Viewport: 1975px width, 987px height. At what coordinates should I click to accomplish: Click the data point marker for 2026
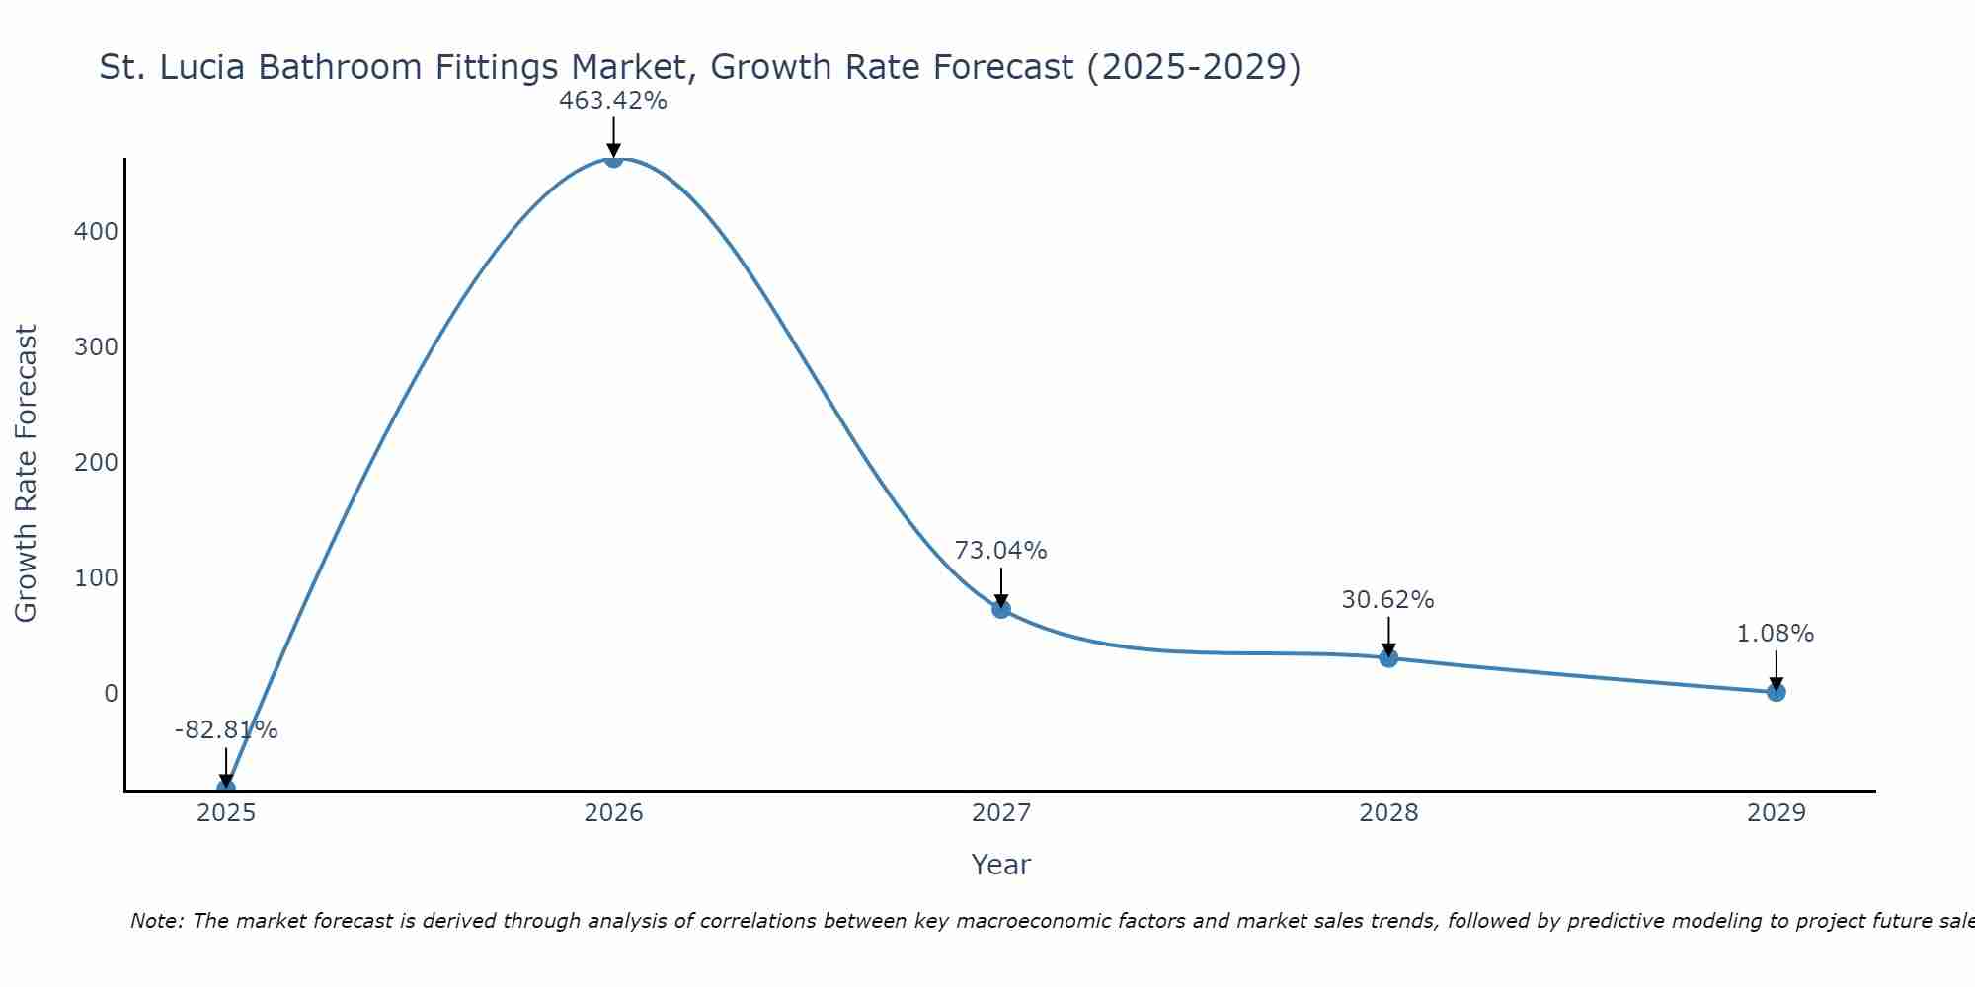[x=613, y=159]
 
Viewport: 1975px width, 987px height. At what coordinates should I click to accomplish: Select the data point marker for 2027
[x=1000, y=609]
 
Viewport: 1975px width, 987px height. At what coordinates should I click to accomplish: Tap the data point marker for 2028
[x=1388, y=657]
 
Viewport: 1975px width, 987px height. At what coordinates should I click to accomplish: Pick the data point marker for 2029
[x=1776, y=692]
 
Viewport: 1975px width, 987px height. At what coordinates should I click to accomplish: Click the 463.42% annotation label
[x=613, y=101]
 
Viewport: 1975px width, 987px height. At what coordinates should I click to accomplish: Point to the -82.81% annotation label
[x=226, y=730]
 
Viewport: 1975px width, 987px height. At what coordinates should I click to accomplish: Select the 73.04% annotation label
[x=1000, y=551]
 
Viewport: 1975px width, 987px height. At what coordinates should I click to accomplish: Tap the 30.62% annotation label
[x=1387, y=600]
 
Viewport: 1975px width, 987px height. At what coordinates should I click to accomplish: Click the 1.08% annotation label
[x=1776, y=634]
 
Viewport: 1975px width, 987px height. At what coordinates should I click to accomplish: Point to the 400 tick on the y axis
[x=96, y=232]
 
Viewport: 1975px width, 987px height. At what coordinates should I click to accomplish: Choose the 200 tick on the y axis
[x=96, y=462]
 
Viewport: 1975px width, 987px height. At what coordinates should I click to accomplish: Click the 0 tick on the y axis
[x=111, y=693]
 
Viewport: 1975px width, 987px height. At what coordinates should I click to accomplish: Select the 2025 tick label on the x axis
[x=226, y=813]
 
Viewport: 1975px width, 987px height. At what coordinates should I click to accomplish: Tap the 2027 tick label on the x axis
[x=1000, y=813]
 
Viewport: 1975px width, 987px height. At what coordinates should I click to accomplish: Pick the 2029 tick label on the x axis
[x=1776, y=813]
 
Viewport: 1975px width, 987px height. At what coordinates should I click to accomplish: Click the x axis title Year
[x=1000, y=865]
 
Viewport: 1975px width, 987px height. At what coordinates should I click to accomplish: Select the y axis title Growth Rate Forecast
[x=27, y=474]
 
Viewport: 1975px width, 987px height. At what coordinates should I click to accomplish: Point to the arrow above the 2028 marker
[x=1388, y=635]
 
